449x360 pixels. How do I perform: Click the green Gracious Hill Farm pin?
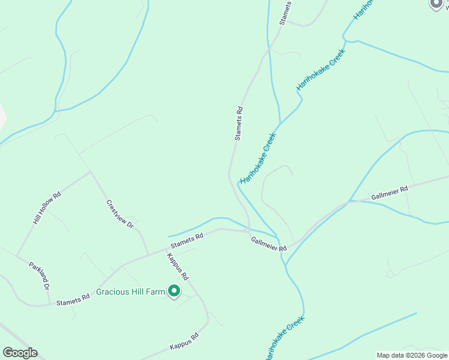[x=174, y=291]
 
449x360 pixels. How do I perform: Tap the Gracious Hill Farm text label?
[x=130, y=292]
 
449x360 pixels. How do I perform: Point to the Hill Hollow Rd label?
[x=47, y=208]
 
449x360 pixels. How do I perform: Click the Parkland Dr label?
[x=39, y=275]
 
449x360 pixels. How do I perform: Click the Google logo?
[x=20, y=353]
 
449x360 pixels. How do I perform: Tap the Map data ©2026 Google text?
[x=412, y=355]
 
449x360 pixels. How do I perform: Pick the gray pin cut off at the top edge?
[x=436, y=3]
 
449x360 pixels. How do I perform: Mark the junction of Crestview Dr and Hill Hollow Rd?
[x=90, y=172]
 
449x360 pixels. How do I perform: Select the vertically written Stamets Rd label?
[x=239, y=124]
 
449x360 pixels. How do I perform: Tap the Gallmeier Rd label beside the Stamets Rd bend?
[x=265, y=244]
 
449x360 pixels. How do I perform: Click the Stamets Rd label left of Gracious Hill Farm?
[x=73, y=302]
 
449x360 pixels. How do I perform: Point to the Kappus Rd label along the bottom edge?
[x=184, y=341]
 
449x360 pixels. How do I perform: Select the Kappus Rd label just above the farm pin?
[x=178, y=267]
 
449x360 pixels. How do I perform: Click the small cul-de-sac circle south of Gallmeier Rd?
[x=390, y=274]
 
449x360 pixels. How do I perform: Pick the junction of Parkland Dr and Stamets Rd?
[x=48, y=304]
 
